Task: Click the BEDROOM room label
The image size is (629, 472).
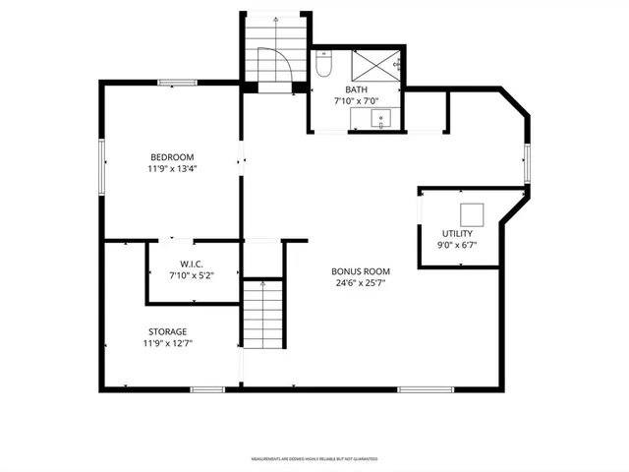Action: pyautogui.click(x=172, y=157)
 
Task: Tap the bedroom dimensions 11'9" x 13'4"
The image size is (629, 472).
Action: pyautogui.click(x=172, y=169)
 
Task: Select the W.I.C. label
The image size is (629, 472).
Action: pyautogui.click(x=191, y=264)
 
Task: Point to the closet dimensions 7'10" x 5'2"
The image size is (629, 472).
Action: pyautogui.click(x=191, y=275)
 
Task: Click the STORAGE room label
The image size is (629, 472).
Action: pyautogui.click(x=168, y=331)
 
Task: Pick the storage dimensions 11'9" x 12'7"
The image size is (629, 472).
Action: pyautogui.click(x=168, y=344)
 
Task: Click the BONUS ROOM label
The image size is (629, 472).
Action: pyautogui.click(x=362, y=271)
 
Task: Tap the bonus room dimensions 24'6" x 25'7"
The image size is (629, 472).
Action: pyautogui.click(x=362, y=284)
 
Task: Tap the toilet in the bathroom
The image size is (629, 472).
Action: pyautogui.click(x=324, y=65)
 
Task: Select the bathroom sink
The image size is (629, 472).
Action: pyautogui.click(x=381, y=120)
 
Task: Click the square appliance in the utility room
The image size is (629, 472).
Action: pyautogui.click(x=472, y=213)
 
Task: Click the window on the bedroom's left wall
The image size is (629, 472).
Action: pyautogui.click(x=101, y=163)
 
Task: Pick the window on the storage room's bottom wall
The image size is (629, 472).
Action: pyautogui.click(x=206, y=389)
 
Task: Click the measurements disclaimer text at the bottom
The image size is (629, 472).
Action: pyautogui.click(x=314, y=458)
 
